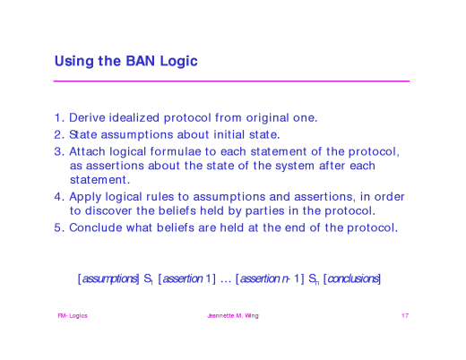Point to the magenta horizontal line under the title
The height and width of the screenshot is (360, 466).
pos(231,81)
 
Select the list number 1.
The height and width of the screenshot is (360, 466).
pos(58,118)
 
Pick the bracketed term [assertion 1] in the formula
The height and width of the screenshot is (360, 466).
pos(186,279)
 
